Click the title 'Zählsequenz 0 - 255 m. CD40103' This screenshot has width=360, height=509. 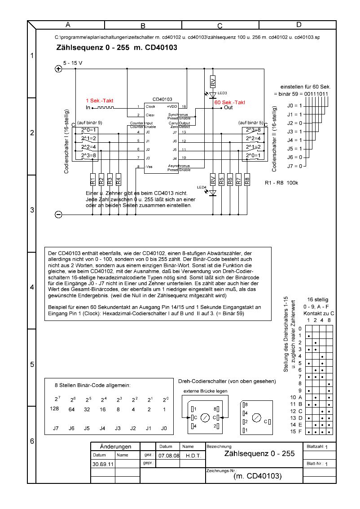[x=116, y=47]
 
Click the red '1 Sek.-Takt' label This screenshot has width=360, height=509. [x=100, y=101]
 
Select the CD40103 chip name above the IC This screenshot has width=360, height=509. [x=162, y=99]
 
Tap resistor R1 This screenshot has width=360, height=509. [x=92, y=180]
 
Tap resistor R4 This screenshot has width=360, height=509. [x=118, y=180]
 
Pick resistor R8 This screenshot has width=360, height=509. [x=247, y=180]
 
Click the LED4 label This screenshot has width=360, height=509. [x=201, y=187]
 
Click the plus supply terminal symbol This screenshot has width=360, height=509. [x=58, y=69]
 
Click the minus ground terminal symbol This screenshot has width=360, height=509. [x=58, y=215]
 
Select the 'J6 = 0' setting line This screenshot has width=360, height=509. [x=294, y=157]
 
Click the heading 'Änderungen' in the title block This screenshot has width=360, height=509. [x=115, y=447]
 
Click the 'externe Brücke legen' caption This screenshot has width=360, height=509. [x=205, y=391]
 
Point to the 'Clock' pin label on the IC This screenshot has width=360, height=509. [x=150, y=107]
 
